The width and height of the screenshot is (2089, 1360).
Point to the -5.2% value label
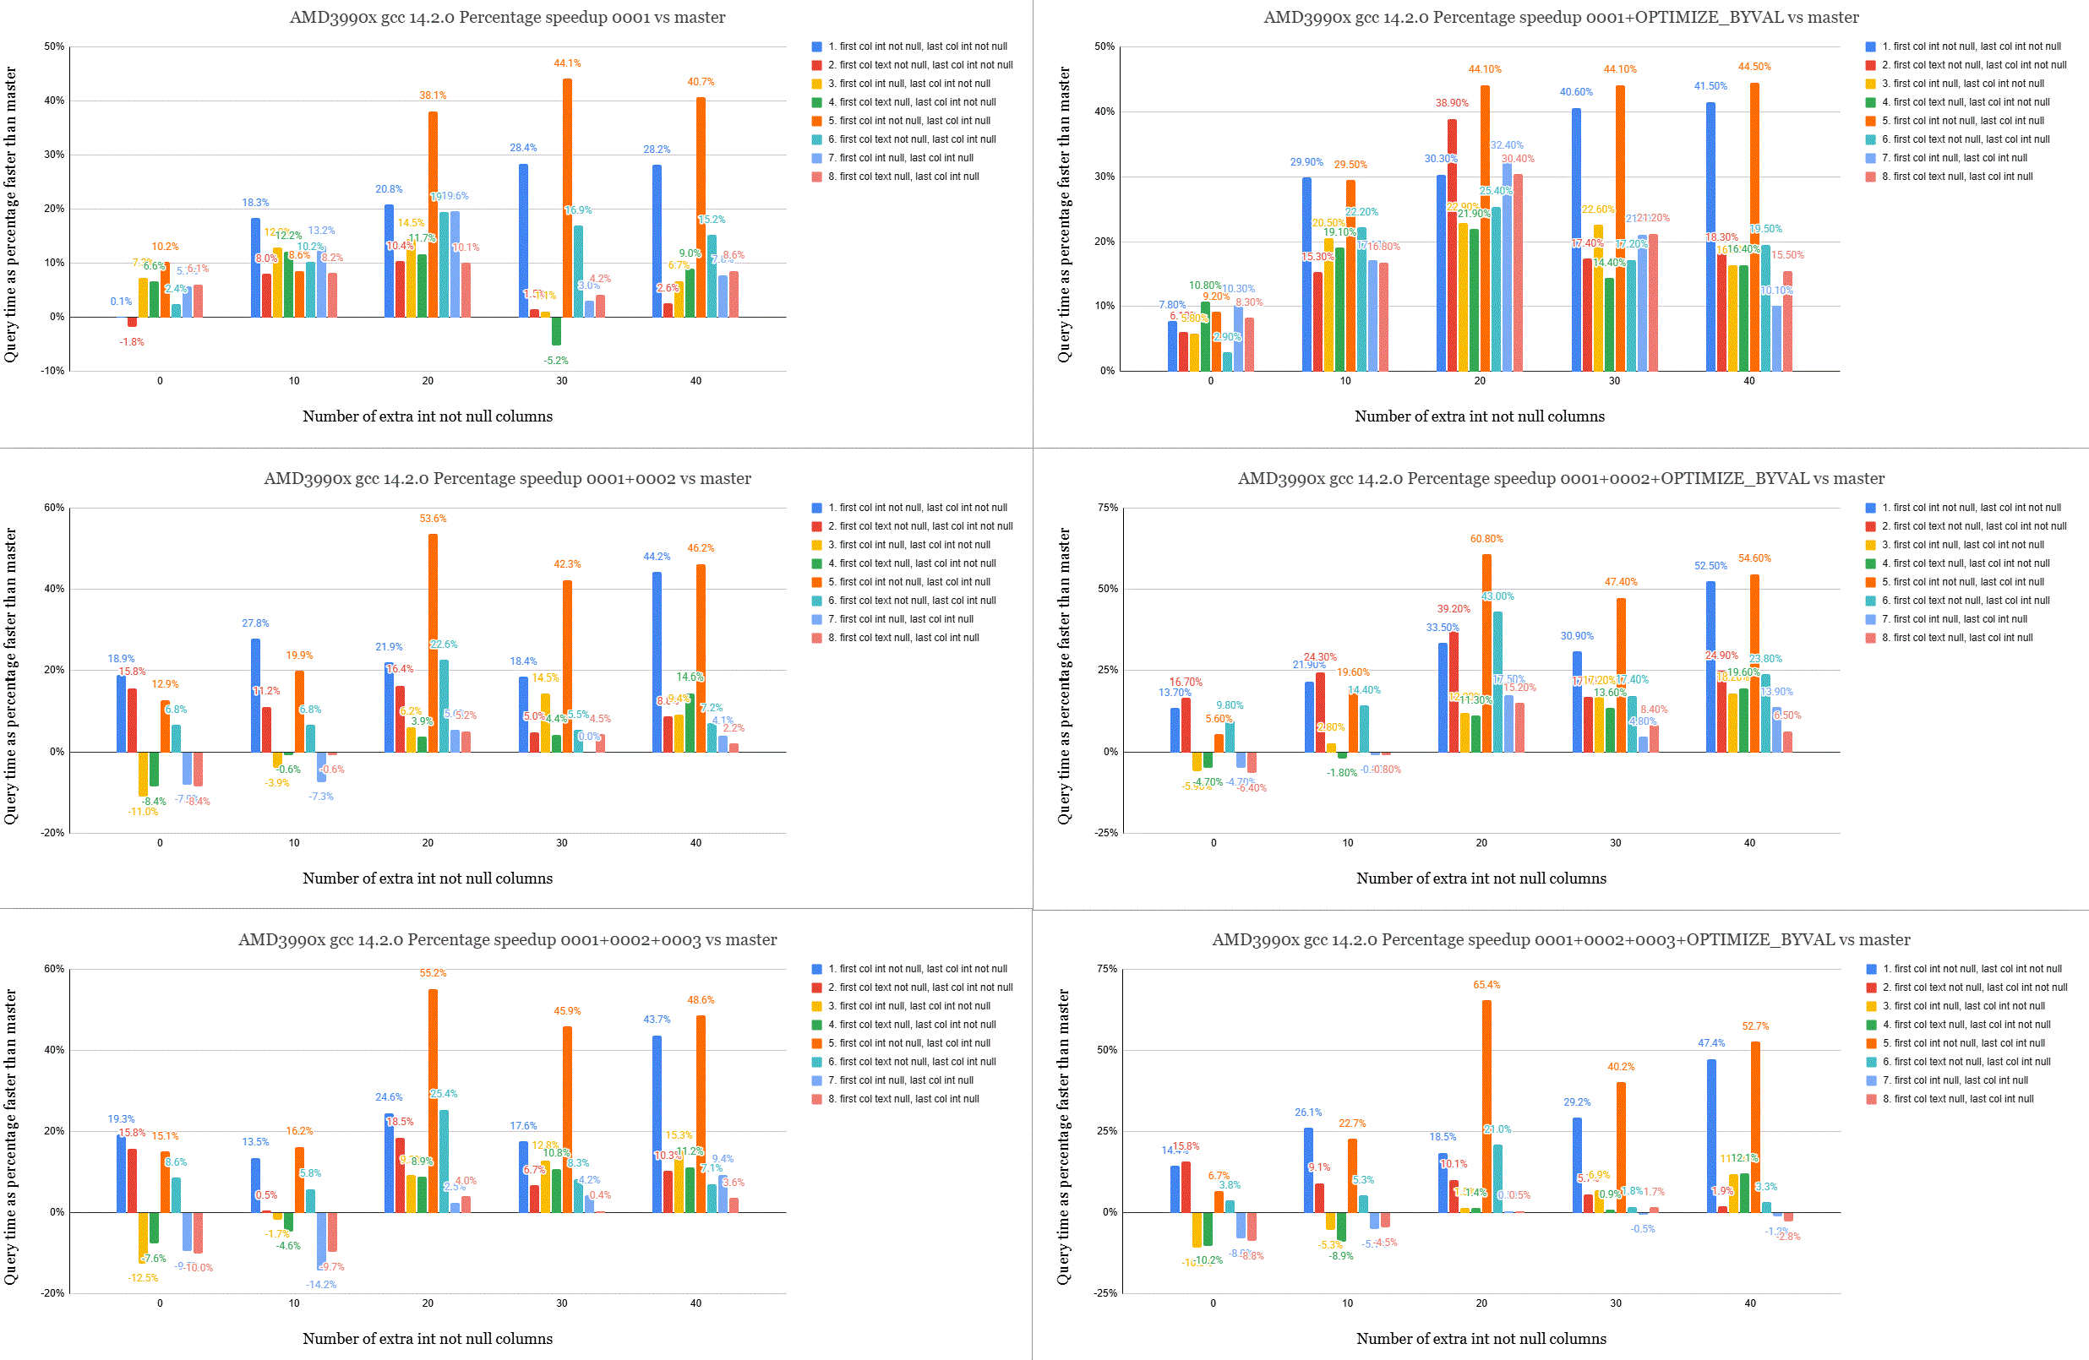point(555,361)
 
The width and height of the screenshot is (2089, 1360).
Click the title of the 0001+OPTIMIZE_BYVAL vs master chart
point(1561,18)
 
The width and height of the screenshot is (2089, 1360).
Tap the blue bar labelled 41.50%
point(1710,237)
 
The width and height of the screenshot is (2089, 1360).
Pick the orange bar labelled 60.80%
point(1486,653)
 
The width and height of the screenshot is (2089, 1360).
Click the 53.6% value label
point(433,519)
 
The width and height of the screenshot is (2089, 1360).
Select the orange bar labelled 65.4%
point(1486,1106)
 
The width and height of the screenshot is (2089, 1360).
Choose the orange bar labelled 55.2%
point(433,1101)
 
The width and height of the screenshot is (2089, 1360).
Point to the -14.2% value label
point(320,1285)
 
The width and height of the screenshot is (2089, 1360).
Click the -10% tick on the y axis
point(52,371)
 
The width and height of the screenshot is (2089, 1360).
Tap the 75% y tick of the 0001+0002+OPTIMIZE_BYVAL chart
point(1107,508)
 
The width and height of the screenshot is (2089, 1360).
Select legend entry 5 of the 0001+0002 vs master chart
point(908,582)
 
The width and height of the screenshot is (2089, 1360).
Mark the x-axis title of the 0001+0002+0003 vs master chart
point(428,1339)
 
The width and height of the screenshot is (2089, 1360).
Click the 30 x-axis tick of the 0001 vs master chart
point(562,381)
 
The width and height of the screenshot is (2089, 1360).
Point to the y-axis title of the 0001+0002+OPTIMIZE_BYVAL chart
point(1064,676)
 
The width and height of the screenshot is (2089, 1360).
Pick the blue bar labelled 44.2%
point(657,661)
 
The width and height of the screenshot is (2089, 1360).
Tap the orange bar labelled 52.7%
point(1754,1127)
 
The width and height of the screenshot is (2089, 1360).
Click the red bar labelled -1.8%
point(132,322)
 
